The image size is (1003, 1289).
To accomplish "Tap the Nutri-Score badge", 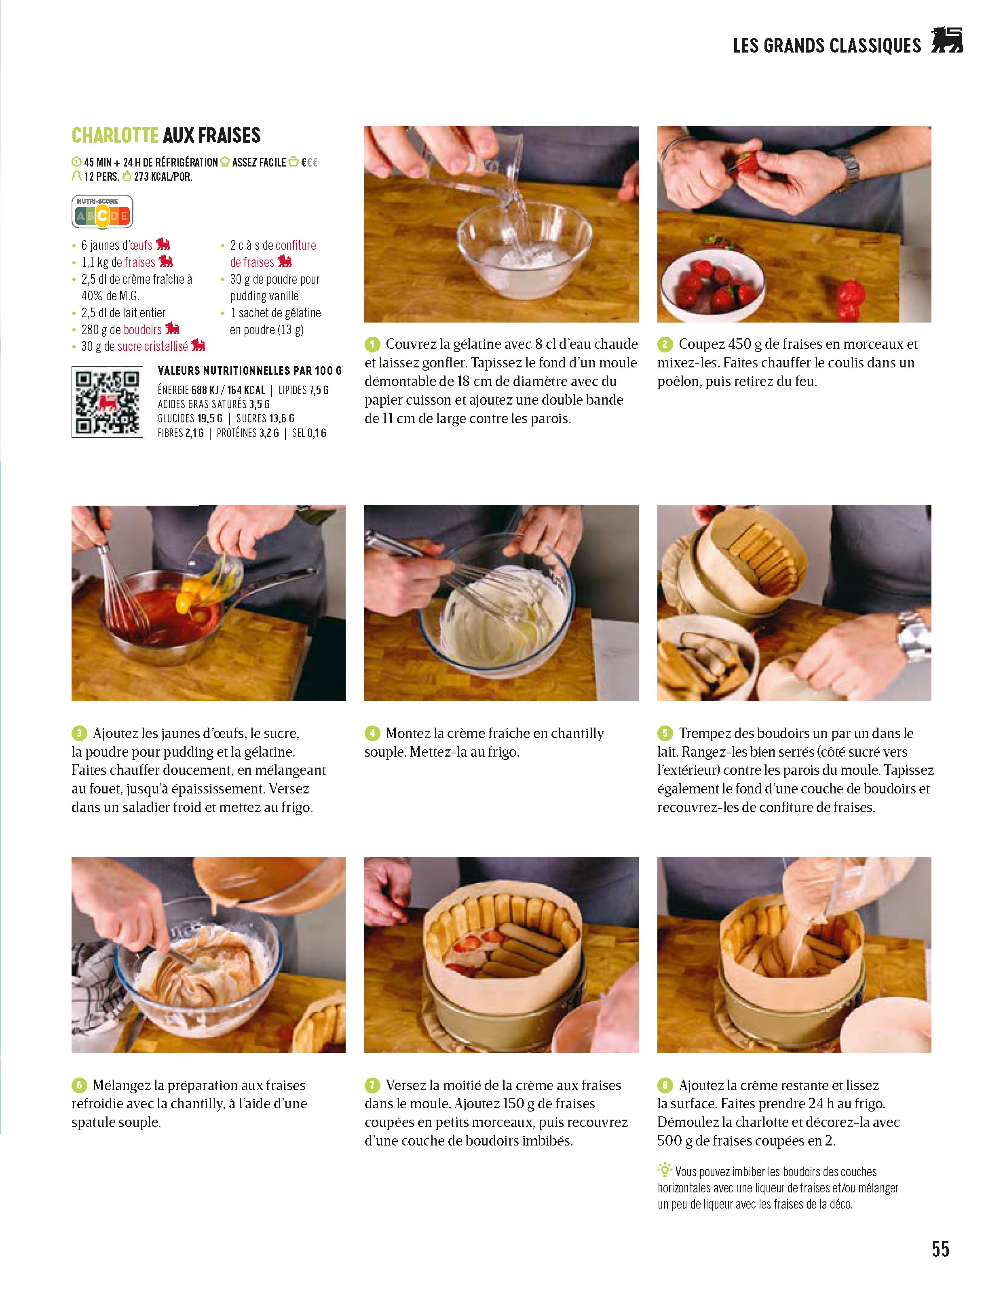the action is [102, 212].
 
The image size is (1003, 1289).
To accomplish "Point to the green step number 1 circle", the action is [372, 344].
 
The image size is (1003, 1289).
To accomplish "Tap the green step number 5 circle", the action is [665, 734].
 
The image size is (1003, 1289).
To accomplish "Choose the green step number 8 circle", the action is [665, 1085].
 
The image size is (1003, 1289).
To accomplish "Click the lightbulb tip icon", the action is [665, 1169].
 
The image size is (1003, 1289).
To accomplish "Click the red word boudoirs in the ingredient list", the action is [142, 329].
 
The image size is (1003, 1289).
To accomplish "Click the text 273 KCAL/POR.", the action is [163, 177].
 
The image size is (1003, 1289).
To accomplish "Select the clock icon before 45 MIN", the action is [76, 162].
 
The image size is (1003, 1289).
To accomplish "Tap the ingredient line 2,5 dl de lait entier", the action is [123, 313].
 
